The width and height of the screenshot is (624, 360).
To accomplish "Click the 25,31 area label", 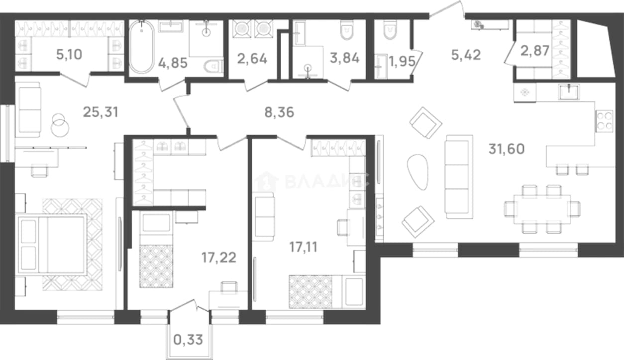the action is pos(101,112).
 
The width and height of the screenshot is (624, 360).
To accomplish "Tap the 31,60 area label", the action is pos(507,149).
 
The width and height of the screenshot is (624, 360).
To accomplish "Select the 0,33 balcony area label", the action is pos(188,340).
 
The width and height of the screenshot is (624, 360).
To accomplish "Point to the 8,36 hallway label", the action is pos(279,113).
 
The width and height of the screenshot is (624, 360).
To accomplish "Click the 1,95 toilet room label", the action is pos(402,62).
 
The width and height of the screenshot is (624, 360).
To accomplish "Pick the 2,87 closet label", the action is pos(535,51).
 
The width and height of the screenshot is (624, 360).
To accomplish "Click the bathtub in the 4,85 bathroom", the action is pos(141,47).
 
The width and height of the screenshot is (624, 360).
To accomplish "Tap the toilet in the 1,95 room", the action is pos(390,30).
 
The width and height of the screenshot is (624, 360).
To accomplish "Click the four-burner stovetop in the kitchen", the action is pos(604,121).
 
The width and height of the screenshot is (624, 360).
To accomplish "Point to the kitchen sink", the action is pos(569,92).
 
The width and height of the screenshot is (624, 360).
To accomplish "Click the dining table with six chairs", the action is pos(542,209).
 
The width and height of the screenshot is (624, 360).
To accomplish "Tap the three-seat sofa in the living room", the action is pos(459,177).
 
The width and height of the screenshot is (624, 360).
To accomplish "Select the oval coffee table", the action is pos(417,172).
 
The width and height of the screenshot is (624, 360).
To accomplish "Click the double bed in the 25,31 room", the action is pos(52,245).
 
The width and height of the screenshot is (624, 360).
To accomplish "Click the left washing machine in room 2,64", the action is pos(242,29).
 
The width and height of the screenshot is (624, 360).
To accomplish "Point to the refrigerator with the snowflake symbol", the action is pos(525,92).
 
